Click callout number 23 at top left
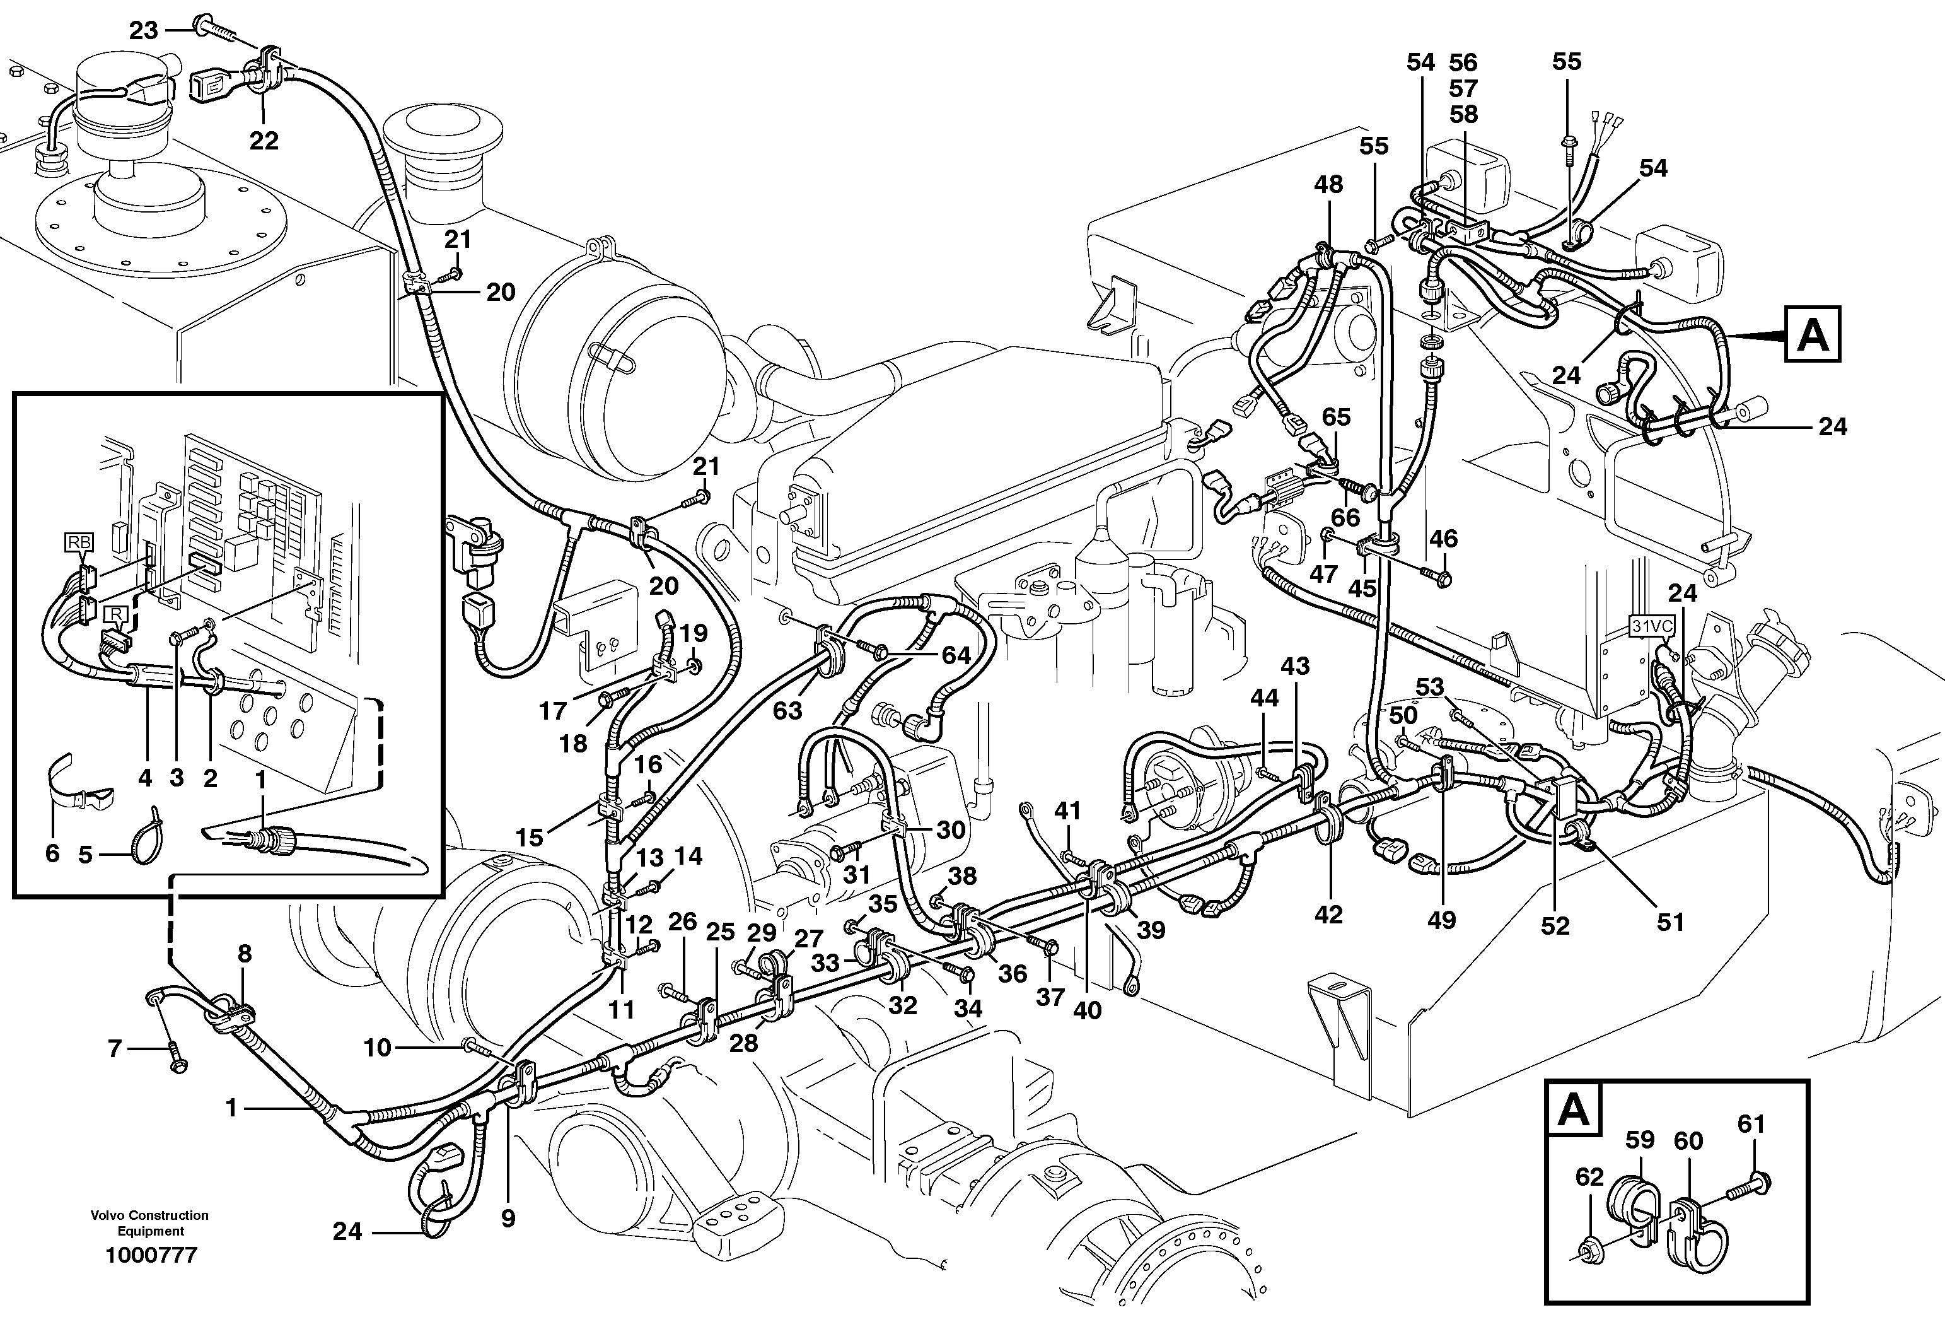click(143, 31)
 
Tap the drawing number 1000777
click(151, 1255)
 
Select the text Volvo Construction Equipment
click(151, 1222)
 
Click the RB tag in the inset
click(79, 542)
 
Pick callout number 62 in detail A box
click(1589, 1177)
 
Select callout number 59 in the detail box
click(1639, 1140)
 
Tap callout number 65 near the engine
click(1336, 417)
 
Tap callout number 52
click(1555, 926)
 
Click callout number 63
click(787, 711)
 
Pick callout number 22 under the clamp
click(264, 140)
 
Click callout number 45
click(1362, 588)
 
